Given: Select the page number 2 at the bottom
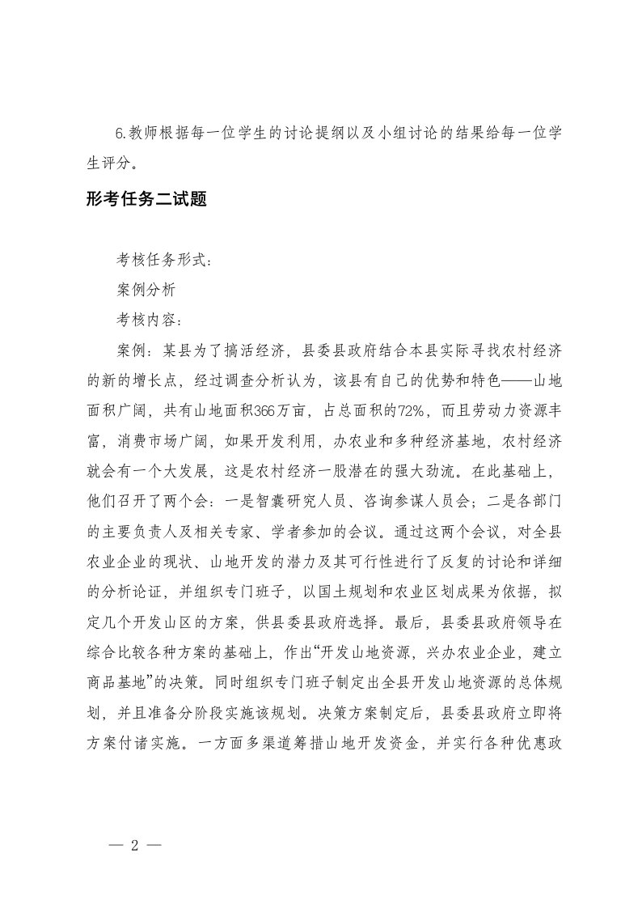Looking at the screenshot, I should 135,846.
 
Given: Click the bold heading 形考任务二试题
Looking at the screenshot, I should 146,200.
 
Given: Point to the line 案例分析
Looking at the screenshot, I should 141,289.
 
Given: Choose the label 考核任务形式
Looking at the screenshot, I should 163,260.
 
